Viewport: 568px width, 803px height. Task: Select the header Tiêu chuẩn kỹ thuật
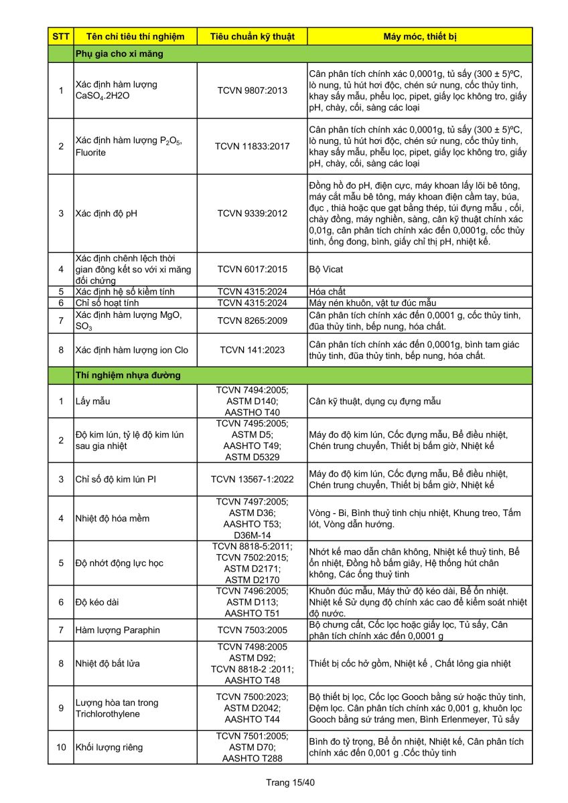252,36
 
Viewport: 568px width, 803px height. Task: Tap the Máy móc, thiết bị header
420,36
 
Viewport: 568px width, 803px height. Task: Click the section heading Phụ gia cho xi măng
119,54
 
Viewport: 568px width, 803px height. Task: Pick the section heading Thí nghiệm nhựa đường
128,375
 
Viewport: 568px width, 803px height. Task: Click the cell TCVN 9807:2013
252,90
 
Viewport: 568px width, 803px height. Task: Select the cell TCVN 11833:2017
252,146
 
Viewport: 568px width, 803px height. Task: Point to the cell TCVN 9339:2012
252,213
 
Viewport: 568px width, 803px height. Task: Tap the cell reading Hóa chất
328,292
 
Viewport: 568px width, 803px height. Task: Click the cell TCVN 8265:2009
252,321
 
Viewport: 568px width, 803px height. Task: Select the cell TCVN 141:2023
252,349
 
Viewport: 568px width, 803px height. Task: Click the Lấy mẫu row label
92,401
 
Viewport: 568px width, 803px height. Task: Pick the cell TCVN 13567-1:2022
252,479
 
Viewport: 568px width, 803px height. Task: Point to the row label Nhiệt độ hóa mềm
113,518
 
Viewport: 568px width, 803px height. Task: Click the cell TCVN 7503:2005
252,630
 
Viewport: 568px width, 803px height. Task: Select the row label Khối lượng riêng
109,747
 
